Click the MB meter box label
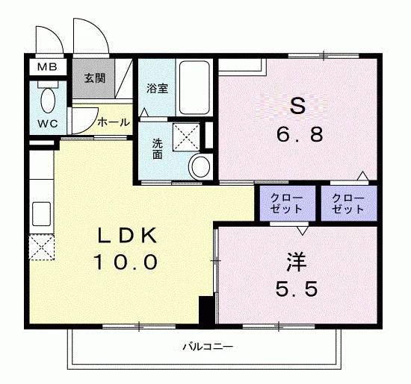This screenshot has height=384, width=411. point(47,67)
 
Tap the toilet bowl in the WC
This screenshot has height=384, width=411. point(48,101)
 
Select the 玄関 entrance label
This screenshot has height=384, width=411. point(95,78)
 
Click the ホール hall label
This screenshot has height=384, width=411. point(114,122)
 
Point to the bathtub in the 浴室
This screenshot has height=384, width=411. point(194,87)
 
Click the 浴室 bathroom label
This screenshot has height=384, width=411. point(157,88)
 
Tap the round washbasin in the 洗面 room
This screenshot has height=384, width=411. point(201,166)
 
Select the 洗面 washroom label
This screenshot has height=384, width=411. point(158,149)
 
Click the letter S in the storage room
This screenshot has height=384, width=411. point(297,106)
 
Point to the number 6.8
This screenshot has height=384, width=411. point(300,134)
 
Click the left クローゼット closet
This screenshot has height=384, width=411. point(287,204)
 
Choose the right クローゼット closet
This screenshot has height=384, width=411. point(349,204)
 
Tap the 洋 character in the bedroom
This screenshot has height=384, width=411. point(297,262)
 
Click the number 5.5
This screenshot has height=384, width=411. point(297,289)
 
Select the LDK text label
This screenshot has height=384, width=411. point(127,236)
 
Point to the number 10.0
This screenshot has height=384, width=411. point(126,262)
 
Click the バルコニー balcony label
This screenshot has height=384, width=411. point(208,347)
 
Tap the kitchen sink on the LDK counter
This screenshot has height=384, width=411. point(41,214)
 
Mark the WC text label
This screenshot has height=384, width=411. point(48,124)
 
